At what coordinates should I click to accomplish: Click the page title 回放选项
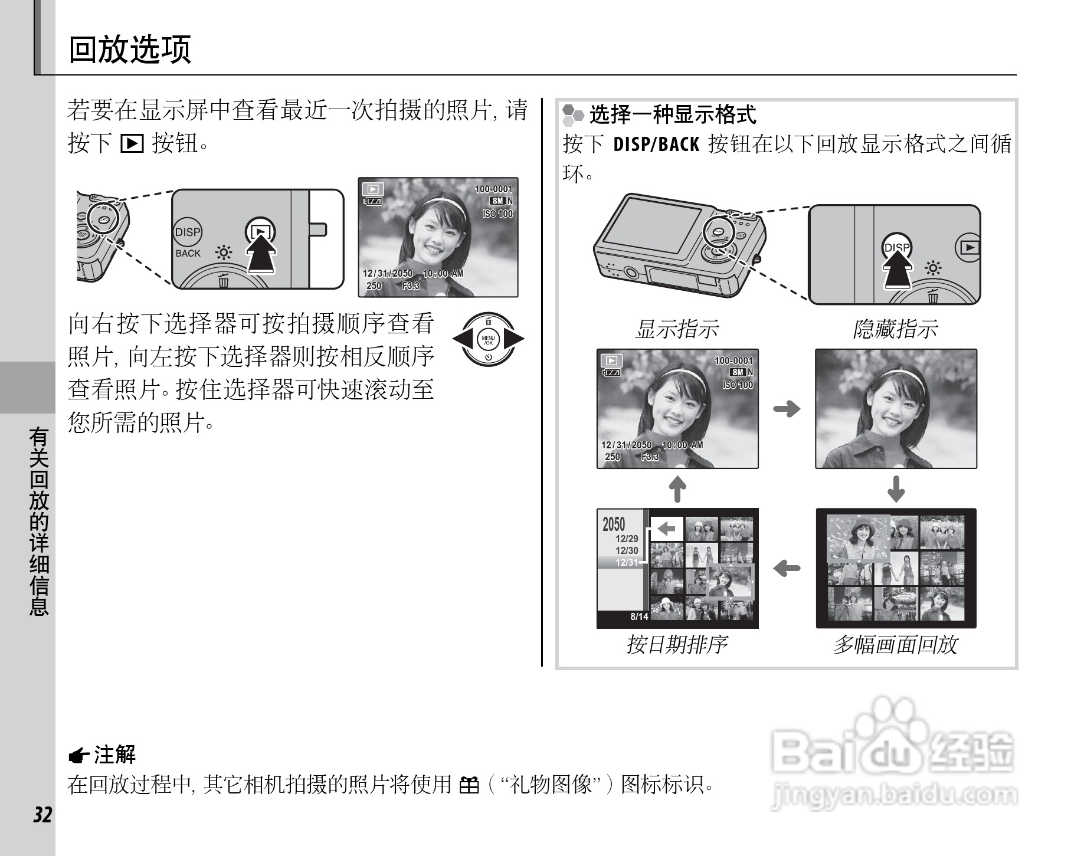point(130,49)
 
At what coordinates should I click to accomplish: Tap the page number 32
point(42,815)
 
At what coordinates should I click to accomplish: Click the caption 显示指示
point(677,329)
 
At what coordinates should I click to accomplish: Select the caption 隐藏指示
point(895,329)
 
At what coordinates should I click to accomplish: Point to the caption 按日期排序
point(677,644)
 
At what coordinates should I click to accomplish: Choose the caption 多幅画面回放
point(895,644)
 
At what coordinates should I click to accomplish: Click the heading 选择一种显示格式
point(673,114)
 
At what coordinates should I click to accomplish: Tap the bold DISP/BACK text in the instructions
point(656,144)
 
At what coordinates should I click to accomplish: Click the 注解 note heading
point(115,754)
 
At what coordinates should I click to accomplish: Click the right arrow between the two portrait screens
point(787,408)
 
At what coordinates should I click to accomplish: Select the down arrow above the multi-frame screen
point(896,488)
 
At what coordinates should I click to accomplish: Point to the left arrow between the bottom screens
point(787,569)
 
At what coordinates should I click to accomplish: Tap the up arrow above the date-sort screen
point(678,488)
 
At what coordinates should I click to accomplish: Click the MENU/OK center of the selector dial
point(488,340)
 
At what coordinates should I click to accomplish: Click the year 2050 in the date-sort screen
point(614,524)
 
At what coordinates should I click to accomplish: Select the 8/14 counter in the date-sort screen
point(639,616)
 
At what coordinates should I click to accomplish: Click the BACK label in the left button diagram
point(188,254)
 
